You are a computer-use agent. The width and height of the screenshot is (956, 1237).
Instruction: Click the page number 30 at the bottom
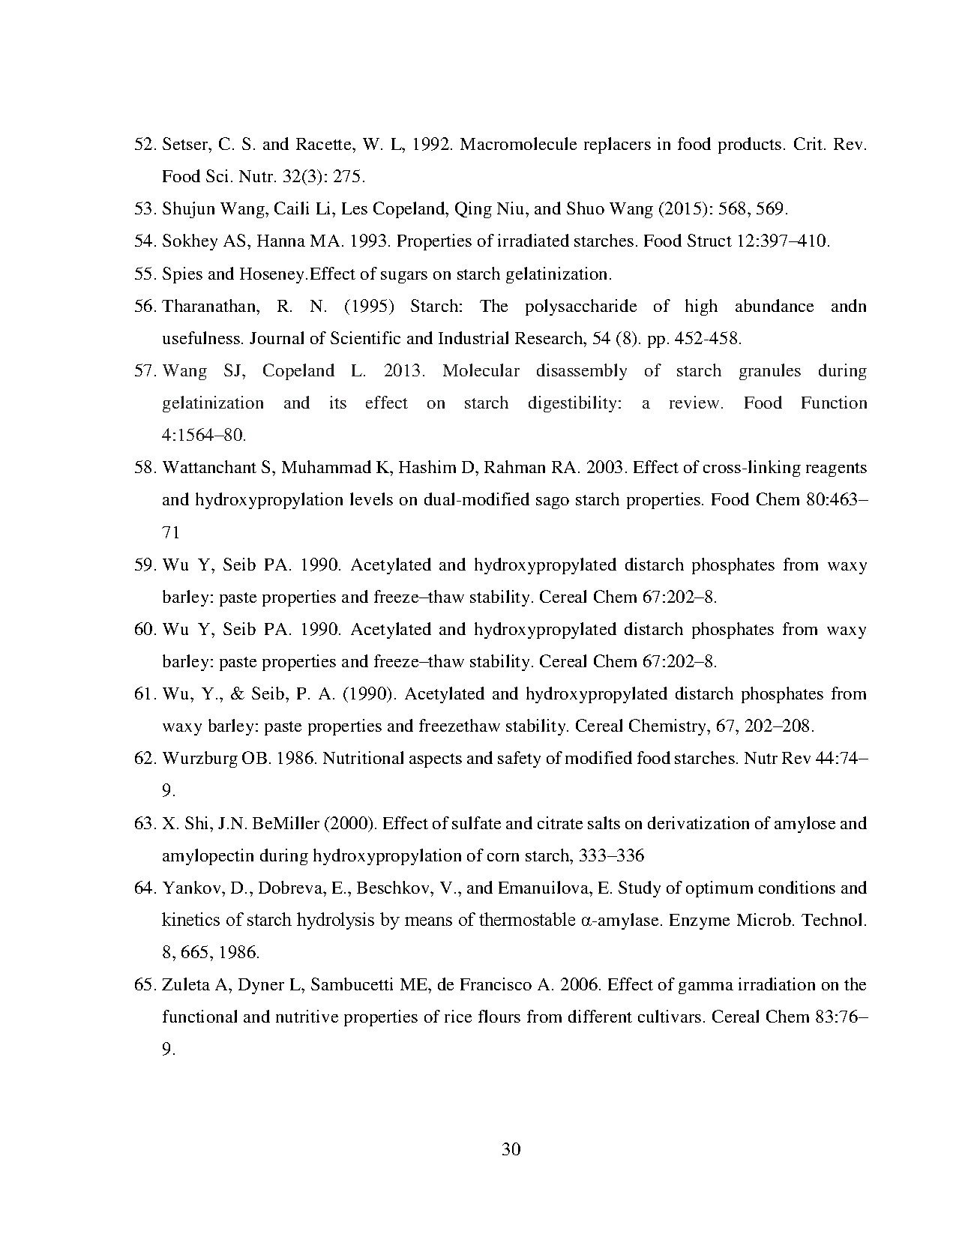click(x=511, y=1149)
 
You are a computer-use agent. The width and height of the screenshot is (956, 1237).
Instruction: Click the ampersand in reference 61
click(x=238, y=693)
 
